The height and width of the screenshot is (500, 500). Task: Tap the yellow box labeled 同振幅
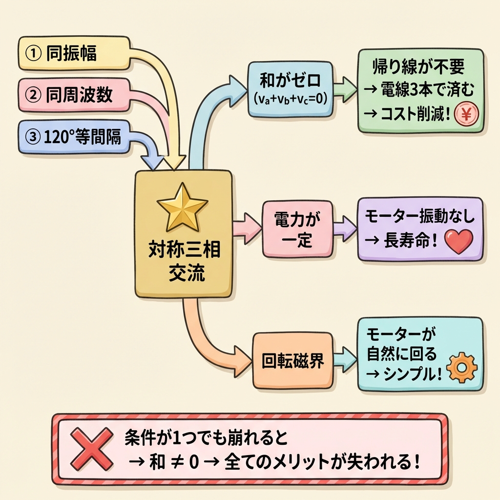(x=73, y=53)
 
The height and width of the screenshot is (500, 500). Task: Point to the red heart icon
(x=459, y=241)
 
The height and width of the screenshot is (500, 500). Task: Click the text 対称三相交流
(x=183, y=263)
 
